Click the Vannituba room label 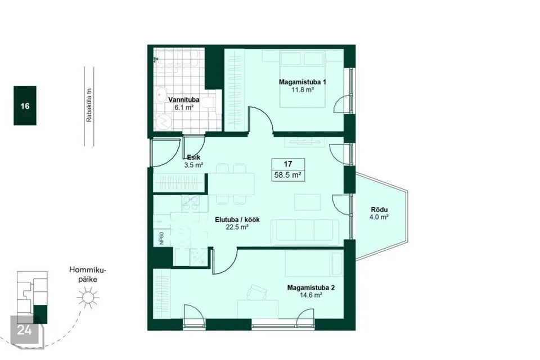pos(183,100)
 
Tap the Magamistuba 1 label pos(302,82)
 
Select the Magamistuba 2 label pos(310,287)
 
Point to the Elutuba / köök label pos(237,219)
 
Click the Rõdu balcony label pos(379,209)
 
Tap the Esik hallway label pos(193,157)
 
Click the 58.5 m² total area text pos(288,175)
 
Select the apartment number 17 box pos(288,164)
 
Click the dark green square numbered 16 pos(25,105)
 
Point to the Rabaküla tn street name pos(89,105)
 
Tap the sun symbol pos(88,298)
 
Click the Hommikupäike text pos(88,274)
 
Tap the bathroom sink pos(161,94)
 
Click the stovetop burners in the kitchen pos(191,203)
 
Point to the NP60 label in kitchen pos(161,238)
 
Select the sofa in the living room pos(305,232)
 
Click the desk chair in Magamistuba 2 pos(257,293)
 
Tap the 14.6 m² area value pos(311,295)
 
